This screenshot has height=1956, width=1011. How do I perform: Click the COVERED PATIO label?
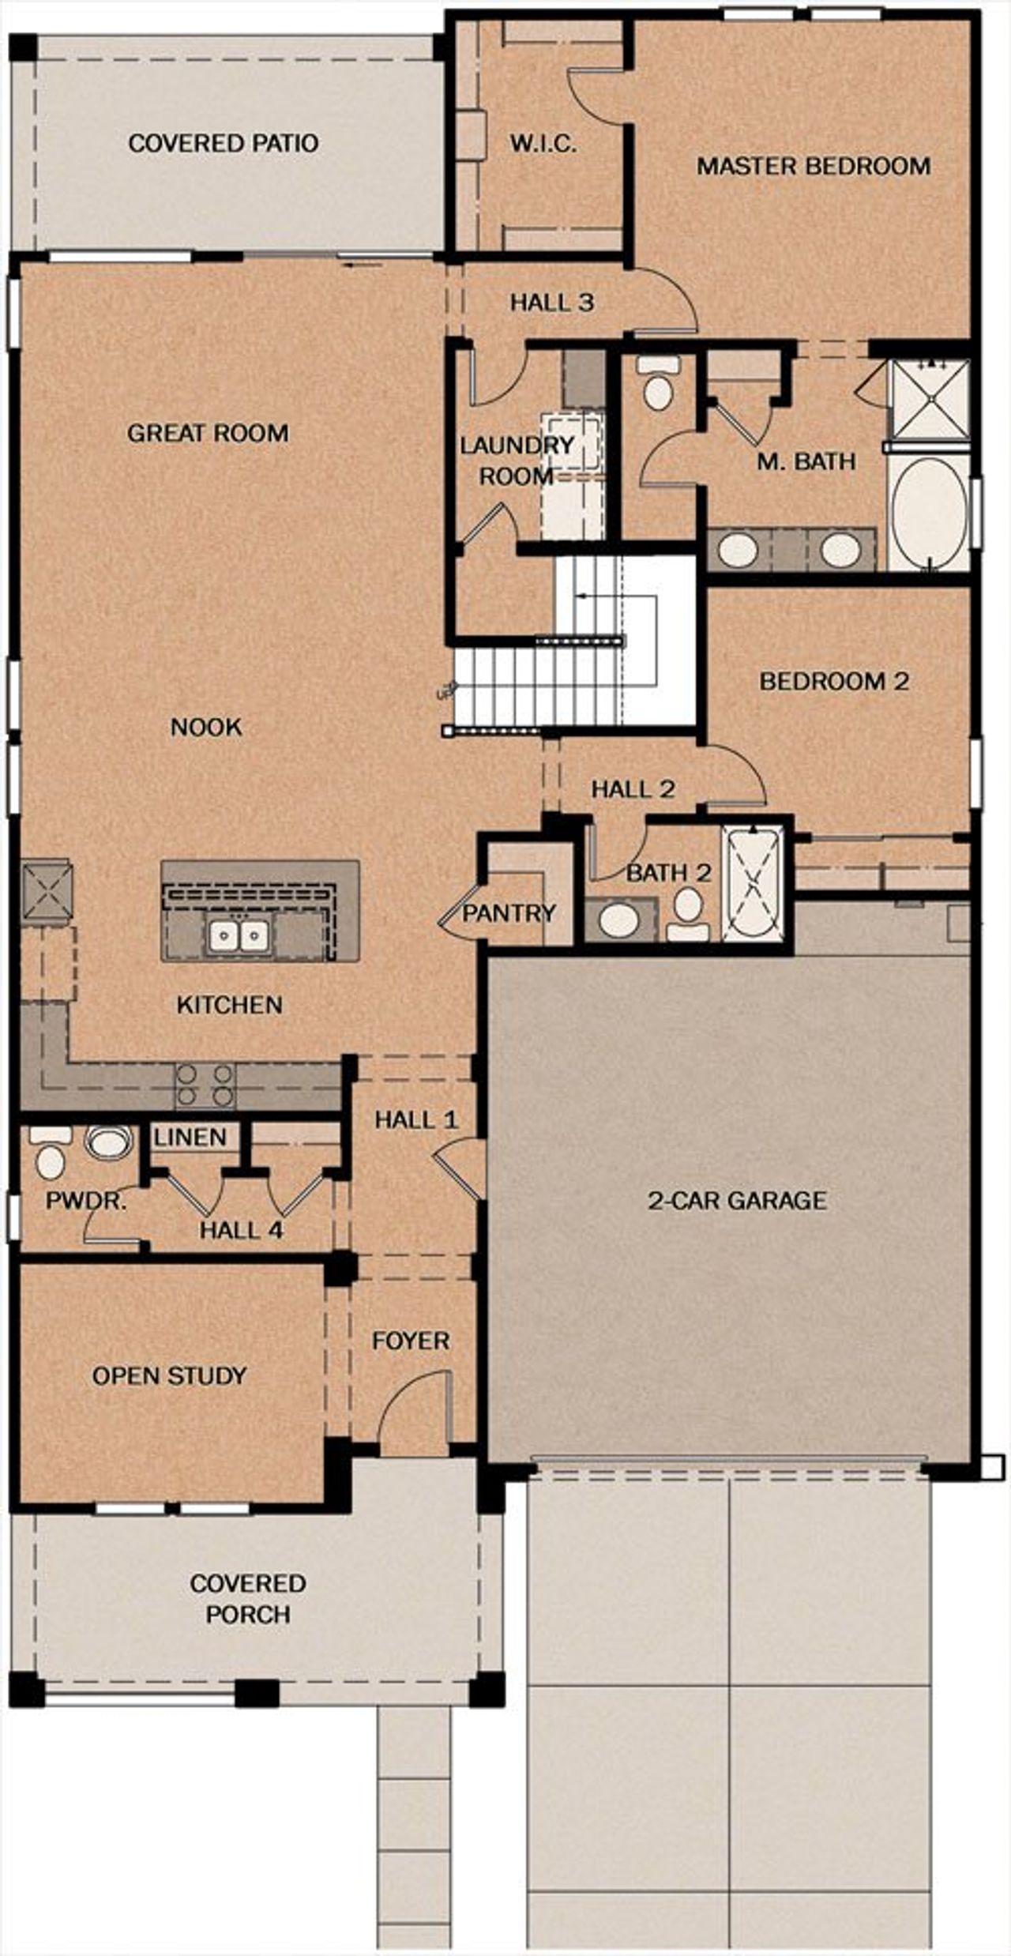point(224,143)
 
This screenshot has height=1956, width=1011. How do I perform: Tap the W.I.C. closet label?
point(543,144)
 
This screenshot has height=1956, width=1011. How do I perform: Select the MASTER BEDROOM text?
point(813,166)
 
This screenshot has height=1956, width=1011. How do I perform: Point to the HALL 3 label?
point(551,302)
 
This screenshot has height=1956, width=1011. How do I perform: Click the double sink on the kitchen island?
point(239,936)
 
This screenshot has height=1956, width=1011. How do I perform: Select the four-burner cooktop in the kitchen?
point(205,1085)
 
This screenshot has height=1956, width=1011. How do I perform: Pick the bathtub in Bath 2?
point(754,883)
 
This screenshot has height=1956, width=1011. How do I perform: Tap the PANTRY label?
point(509,913)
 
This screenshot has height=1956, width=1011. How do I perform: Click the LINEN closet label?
point(190,1138)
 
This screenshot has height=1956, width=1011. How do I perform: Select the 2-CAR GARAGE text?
point(737,1201)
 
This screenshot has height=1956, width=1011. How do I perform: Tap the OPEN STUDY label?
point(169,1375)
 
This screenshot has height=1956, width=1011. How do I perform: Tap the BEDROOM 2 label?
point(834,681)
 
